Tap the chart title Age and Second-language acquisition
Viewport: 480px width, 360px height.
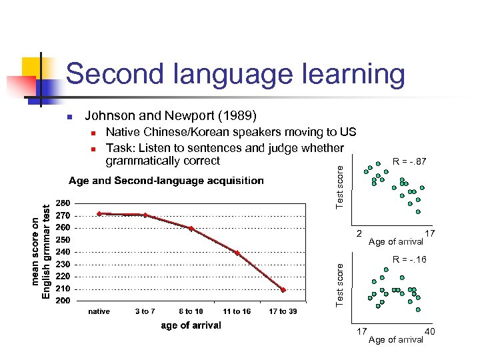click(166, 181)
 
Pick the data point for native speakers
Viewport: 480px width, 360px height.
click(99, 213)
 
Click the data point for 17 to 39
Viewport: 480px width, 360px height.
click(283, 290)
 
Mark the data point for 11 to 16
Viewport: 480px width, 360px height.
click(237, 253)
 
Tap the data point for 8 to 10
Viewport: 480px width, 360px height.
click(191, 229)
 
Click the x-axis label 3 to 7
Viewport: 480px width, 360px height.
click(145, 311)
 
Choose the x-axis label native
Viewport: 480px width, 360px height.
click(99, 311)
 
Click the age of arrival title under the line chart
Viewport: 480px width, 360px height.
click(191, 325)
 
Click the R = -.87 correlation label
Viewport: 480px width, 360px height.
click(409, 161)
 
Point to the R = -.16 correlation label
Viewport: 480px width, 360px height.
click(409, 259)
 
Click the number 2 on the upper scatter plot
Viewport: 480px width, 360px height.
click(359, 233)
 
